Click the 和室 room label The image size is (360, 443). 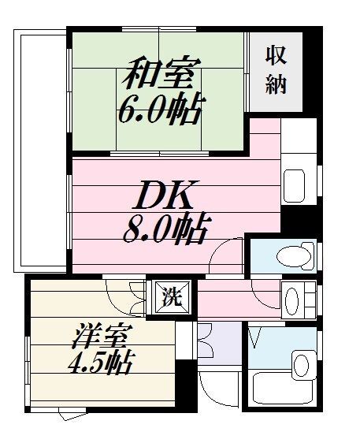pyautogui.click(x=157, y=75)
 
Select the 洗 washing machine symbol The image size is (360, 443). pyautogui.click(x=170, y=297)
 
